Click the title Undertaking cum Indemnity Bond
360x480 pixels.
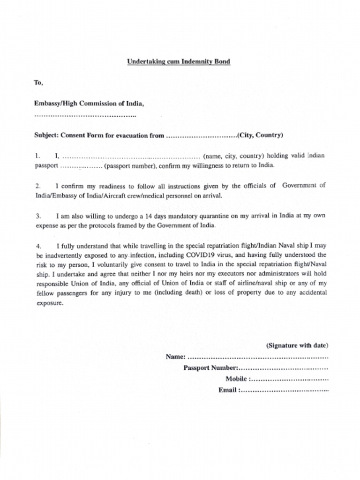click(179, 61)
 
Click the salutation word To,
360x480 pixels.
click(38, 82)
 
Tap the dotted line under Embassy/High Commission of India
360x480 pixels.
click(85, 115)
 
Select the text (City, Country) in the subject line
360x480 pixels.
click(260, 135)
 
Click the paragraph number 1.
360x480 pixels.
click(37, 156)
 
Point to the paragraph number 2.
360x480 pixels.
click(37, 186)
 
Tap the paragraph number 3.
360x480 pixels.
click(37, 216)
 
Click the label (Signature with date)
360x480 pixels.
click(297, 346)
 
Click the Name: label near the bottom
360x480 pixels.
click(176, 357)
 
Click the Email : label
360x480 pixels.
click(229, 390)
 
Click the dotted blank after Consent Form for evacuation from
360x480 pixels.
click(201, 136)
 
